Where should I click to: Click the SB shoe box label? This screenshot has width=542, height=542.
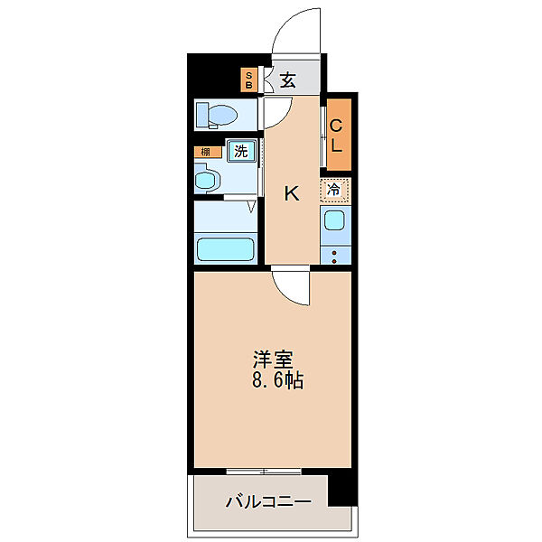[249, 79]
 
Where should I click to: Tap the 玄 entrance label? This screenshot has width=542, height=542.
[287, 80]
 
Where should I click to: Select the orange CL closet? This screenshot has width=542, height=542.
[336, 135]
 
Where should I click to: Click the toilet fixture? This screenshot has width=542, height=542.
[217, 115]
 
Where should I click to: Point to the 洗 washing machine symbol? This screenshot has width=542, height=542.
[240, 152]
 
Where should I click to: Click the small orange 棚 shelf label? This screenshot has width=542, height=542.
[205, 152]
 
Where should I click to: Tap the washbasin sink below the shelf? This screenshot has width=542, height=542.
[207, 181]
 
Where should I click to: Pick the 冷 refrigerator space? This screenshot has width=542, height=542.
[334, 191]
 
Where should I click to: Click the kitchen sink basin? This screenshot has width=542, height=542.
[334, 220]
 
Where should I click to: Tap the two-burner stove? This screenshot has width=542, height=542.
[334, 254]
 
